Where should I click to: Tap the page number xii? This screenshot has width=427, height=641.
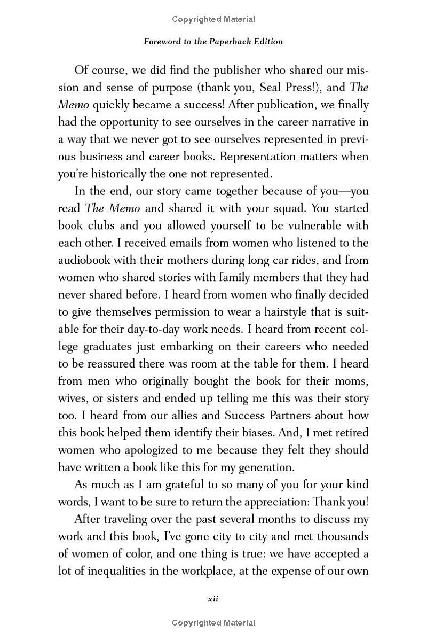click(213, 599)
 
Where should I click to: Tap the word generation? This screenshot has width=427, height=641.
click(265, 467)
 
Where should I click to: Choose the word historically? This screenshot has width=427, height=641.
click(114, 174)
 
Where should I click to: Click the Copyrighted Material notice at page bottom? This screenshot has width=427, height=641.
click(213, 623)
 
